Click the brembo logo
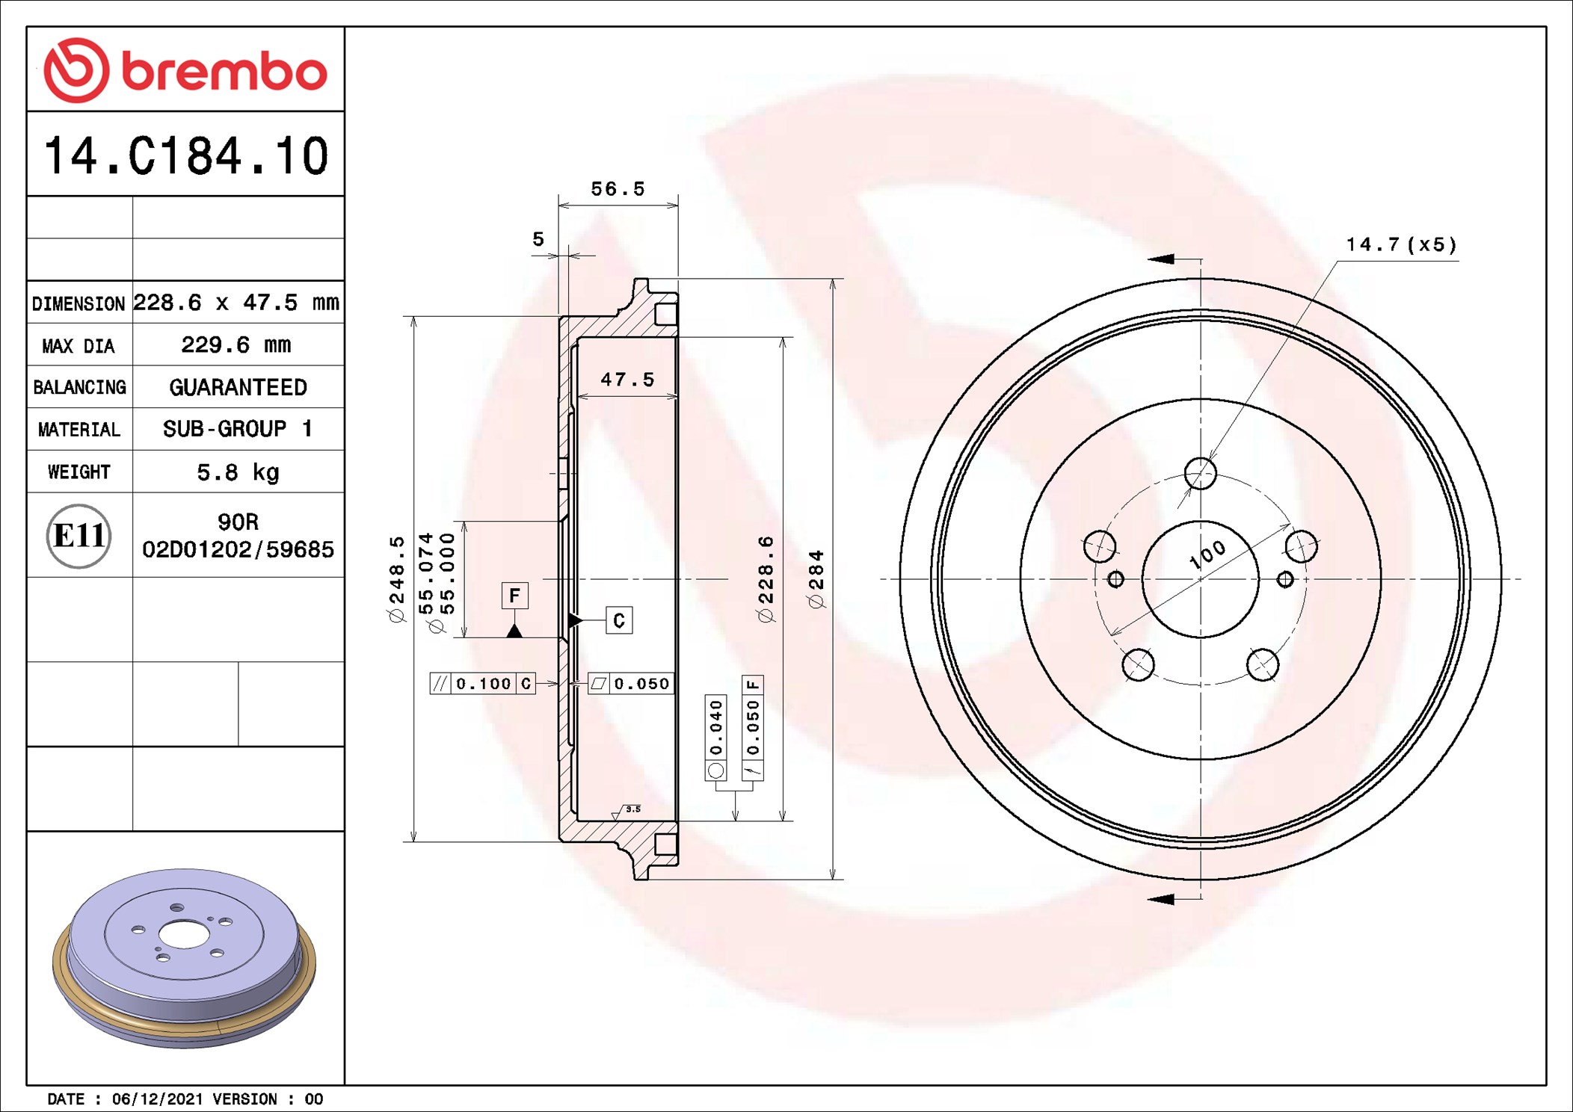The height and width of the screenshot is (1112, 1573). (185, 70)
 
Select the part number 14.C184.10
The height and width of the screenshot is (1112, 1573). (186, 155)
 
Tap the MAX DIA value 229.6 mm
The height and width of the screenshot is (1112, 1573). (236, 345)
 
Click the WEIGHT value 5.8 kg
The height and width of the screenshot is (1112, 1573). (238, 472)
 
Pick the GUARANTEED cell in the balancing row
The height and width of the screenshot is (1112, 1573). (238, 387)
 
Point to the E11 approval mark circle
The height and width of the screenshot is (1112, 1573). (79, 535)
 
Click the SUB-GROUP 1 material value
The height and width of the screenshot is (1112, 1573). (238, 429)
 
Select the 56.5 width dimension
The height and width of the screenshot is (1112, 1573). (618, 189)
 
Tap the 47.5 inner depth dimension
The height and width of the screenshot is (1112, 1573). (627, 380)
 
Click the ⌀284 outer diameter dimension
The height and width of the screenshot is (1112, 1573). (816, 579)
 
